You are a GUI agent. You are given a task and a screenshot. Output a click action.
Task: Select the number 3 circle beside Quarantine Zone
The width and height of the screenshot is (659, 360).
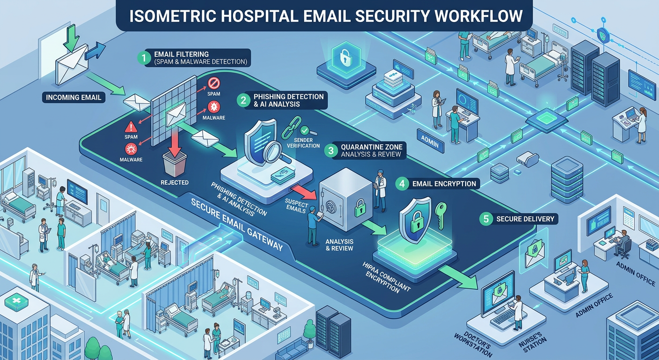[x=331, y=150]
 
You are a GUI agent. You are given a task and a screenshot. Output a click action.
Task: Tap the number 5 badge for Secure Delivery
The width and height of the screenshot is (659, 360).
[x=486, y=218]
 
